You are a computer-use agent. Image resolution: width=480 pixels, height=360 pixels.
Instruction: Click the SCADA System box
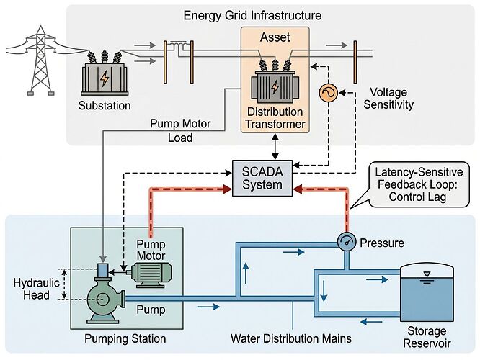pyautogui.click(x=263, y=177)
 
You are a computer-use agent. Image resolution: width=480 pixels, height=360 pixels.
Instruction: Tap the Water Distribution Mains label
pyautogui.click(x=291, y=338)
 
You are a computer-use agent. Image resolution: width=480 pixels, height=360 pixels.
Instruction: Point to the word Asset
pyautogui.click(x=274, y=37)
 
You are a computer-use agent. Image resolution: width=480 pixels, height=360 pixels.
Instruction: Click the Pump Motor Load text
pyautogui.click(x=180, y=130)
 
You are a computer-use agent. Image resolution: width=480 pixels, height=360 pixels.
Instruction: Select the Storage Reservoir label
pyautogui.click(x=428, y=338)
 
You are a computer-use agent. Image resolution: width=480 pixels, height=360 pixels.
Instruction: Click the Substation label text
pyautogui.click(x=105, y=106)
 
